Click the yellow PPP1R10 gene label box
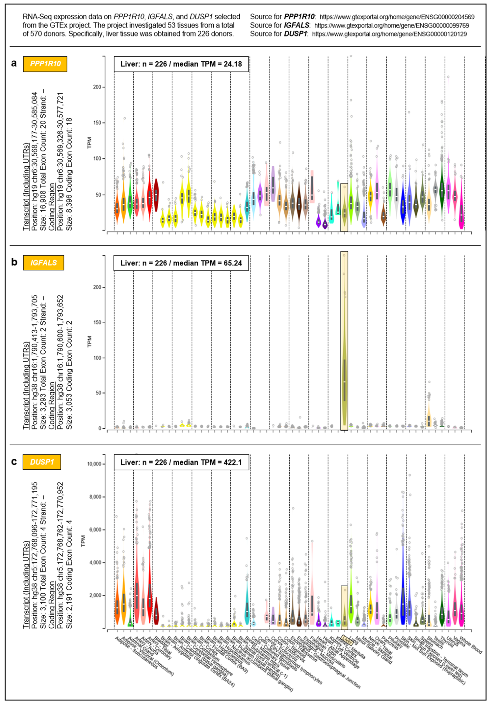tap(45, 64)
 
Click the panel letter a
tap(14, 63)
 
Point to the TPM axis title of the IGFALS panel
tap(89, 341)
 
